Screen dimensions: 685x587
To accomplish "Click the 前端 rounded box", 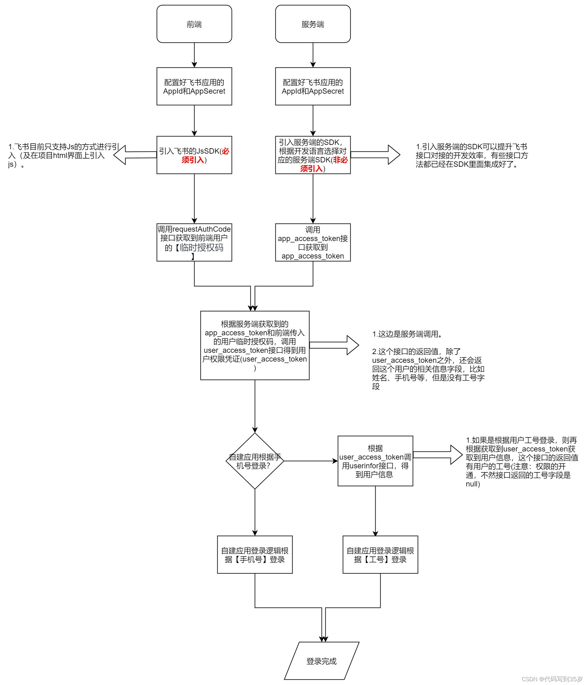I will pos(194,24).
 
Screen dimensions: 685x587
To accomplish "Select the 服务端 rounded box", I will pos(313,24).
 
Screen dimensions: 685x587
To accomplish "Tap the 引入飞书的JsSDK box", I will pos(194,155).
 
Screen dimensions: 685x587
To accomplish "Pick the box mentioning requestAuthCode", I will pos(194,242).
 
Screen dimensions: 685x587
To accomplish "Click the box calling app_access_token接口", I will pos(313,242).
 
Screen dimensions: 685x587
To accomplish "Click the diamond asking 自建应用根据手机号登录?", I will pos(255,461).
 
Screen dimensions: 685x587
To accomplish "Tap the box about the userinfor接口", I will pos(375,461).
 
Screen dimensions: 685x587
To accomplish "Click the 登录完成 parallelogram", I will pos(321,661).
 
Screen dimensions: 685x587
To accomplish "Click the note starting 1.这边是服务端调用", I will pos(407,334).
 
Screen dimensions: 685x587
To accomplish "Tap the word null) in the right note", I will pos(473,484).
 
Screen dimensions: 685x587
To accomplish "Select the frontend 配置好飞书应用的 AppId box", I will pos(194,86).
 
